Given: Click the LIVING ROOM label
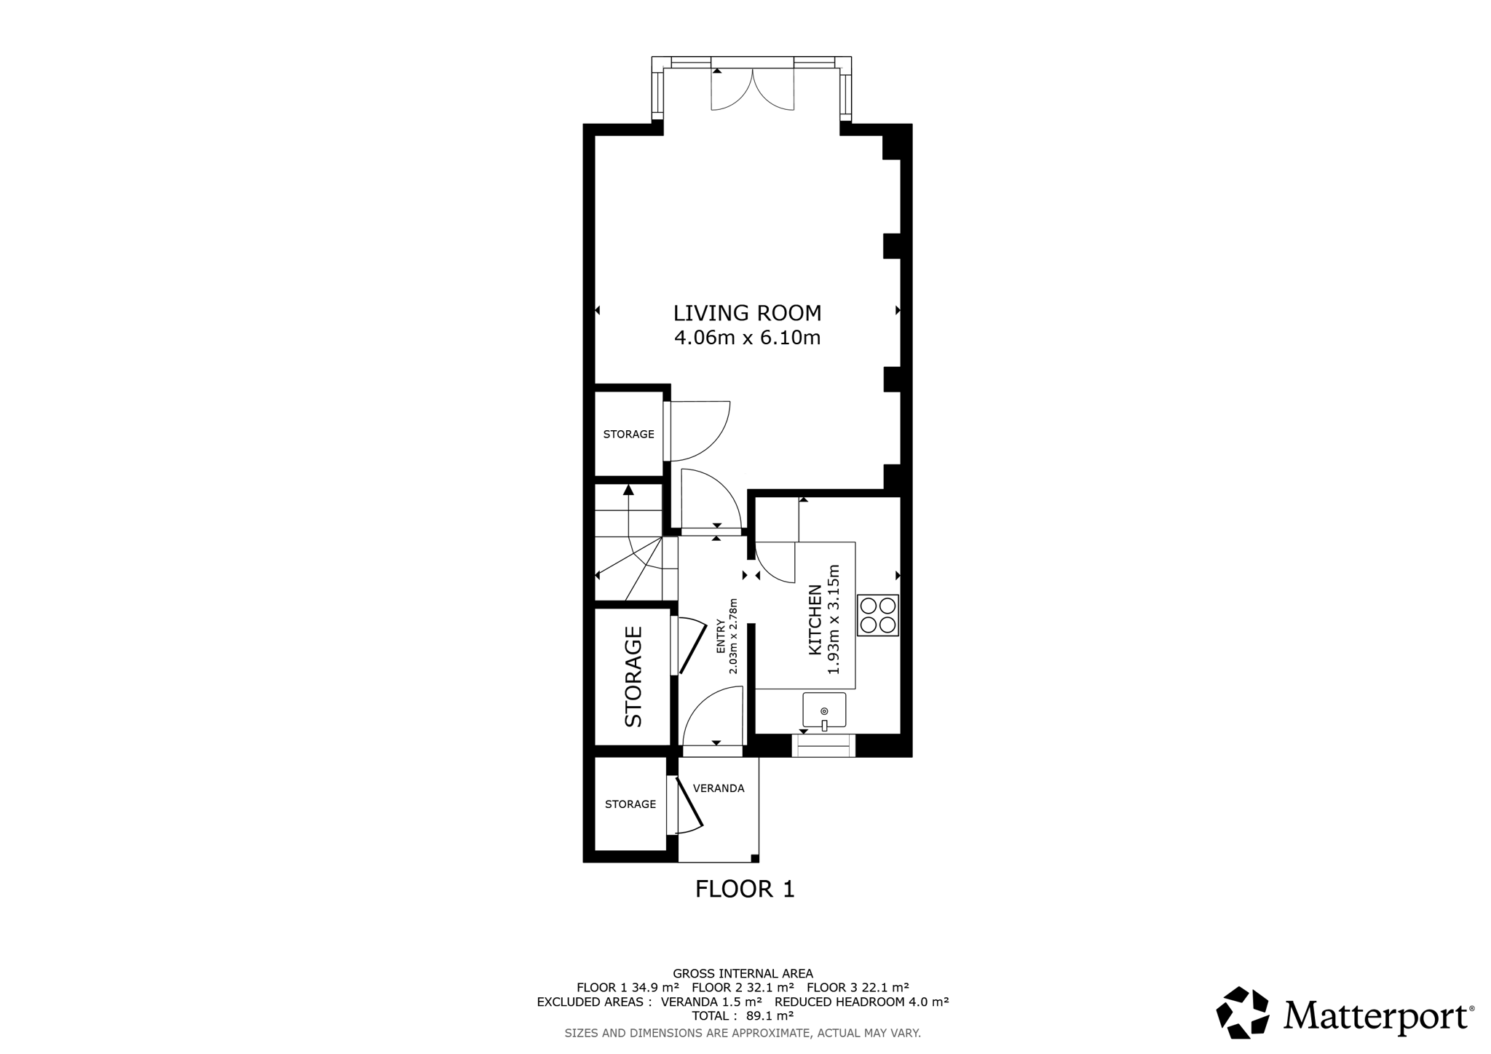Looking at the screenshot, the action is pos(747,313).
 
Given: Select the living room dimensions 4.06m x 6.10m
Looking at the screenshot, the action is pos(747,338).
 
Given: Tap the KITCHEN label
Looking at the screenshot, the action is pos(815,619).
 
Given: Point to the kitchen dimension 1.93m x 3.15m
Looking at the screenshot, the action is pos(834,619).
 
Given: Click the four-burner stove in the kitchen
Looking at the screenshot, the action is pos(878,615).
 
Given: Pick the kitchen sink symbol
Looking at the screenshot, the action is pos(824,711).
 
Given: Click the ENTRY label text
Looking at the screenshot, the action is pos(721,636).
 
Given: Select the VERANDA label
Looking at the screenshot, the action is pos(719,788).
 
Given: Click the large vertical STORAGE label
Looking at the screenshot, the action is pos(633,677).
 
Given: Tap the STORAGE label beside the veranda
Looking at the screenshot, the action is pos(630,804).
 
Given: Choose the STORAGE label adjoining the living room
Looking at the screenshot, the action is pos(629,434).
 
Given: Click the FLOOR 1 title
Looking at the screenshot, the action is pos(745,889).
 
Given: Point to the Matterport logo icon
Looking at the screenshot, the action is pos(1243,1012).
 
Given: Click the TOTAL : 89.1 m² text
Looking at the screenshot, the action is pos(743,1015).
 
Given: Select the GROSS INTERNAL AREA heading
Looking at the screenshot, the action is pos(743,973).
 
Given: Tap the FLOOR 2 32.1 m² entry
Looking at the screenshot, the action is pos(743,988).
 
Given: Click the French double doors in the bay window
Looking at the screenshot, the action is pos(752,89).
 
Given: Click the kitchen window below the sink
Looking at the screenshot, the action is pos(823,746).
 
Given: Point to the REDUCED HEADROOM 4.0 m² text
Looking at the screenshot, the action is pos(861,1002).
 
